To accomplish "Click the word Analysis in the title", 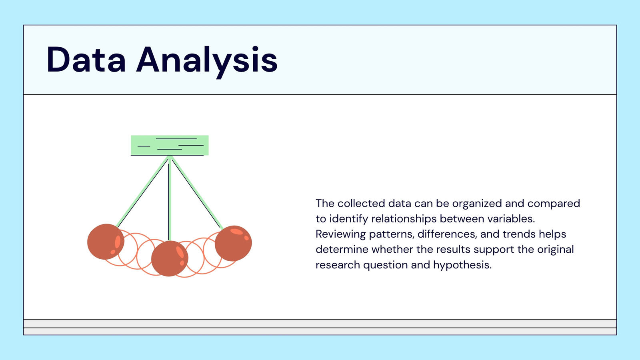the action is (207, 61).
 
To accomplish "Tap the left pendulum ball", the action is (106, 242).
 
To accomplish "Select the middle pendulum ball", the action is (170, 258).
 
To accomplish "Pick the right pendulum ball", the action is (234, 243).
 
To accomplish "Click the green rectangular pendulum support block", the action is (170, 146).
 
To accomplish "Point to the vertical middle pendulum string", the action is (170, 198).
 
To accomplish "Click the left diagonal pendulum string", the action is (143, 191).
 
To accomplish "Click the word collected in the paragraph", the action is (361, 204).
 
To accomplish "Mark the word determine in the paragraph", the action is (342, 250).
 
